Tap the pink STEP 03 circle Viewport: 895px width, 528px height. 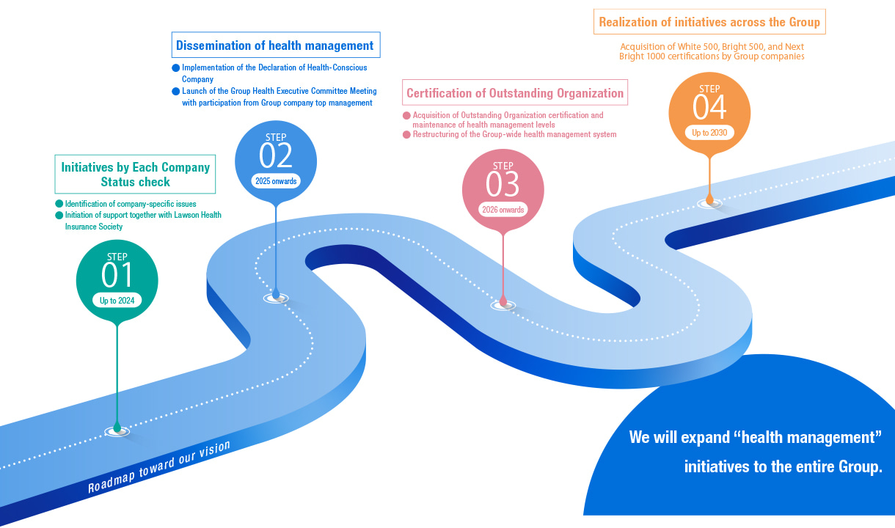(503, 189)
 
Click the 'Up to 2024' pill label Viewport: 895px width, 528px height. (117, 300)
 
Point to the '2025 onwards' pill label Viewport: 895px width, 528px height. (276, 180)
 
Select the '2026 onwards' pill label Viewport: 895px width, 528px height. (503, 210)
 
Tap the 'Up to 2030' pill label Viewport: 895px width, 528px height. (709, 133)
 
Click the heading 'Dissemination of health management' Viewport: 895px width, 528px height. (275, 45)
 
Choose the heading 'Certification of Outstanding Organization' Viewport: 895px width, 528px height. (515, 93)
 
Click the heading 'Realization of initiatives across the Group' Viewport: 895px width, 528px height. (709, 22)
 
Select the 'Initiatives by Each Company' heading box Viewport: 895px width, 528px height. (136, 175)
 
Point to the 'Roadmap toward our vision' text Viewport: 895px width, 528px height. (159, 467)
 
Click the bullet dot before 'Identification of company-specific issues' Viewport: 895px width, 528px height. (59, 204)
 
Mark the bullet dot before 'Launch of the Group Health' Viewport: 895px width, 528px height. (176, 92)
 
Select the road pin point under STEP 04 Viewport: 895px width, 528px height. (709, 201)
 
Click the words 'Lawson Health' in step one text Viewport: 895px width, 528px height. (197, 216)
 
